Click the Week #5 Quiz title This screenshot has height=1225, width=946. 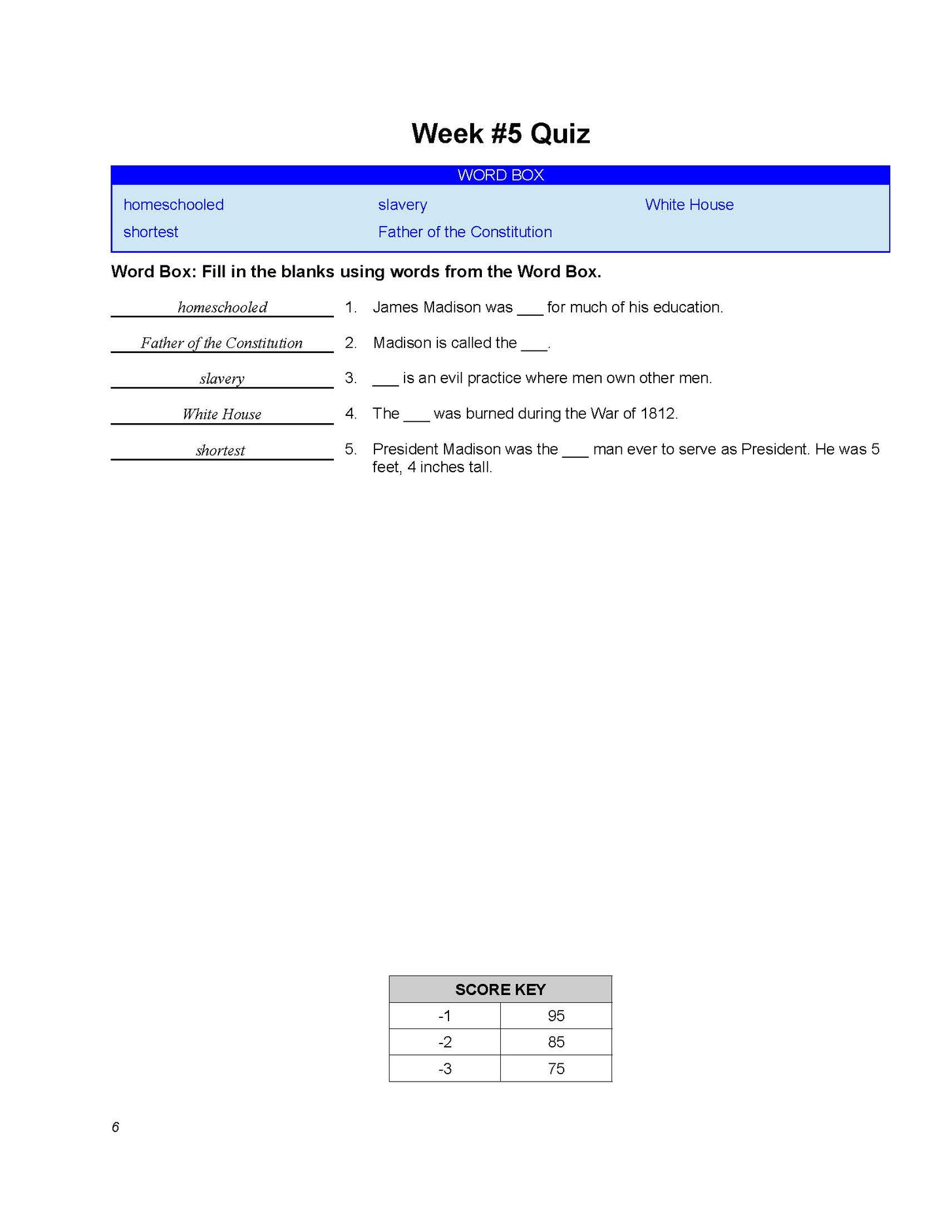point(500,134)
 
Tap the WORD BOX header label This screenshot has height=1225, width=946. point(500,175)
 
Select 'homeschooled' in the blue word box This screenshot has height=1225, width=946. point(173,205)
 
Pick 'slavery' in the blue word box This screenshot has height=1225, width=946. point(402,205)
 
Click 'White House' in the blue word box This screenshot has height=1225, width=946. point(689,205)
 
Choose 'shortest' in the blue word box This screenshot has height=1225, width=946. point(151,232)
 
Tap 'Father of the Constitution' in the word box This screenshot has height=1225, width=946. point(465,232)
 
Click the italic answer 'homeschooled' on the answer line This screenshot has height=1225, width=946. point(223,307)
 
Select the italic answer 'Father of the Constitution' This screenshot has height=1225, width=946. point(221,343)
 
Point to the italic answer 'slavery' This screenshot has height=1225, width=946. point(222,379)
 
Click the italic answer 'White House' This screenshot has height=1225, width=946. point(222,414)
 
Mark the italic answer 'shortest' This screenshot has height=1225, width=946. point(221,450)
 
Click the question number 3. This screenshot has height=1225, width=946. point(351,378)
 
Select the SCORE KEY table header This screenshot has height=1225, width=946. point(500,989)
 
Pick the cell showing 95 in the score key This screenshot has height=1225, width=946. point(556,1016)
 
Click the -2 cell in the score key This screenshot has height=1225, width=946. point(445,1042)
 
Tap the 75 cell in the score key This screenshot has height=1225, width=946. point(556,1069)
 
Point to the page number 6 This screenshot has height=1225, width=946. point(115,1127)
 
